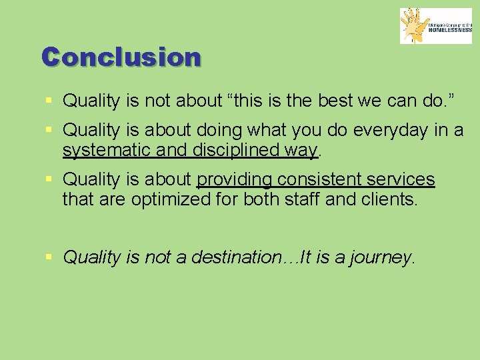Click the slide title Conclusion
121,57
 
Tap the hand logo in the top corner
415,26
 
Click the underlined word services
402,180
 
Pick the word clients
392,199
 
